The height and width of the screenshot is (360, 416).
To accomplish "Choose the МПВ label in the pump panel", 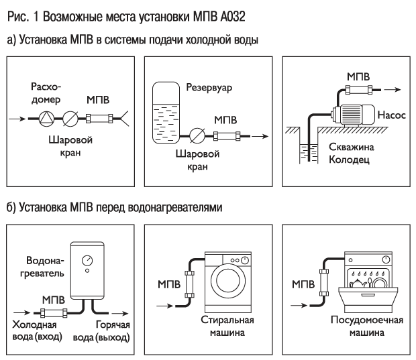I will pyautogui.click(x=357, y=76).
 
